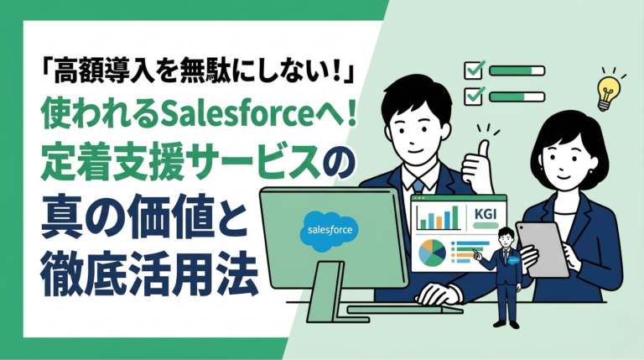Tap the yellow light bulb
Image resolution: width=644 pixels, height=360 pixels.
tap(606, 91)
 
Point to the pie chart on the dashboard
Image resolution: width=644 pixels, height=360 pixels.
tap(432, 253)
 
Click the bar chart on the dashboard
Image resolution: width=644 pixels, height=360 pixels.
tap(439, 219)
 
